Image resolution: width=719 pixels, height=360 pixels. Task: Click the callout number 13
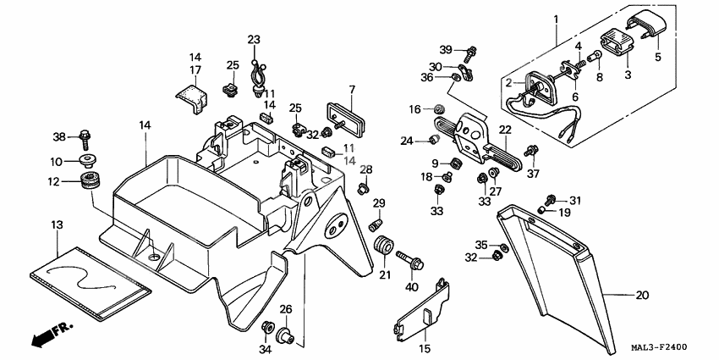tap(57, 225)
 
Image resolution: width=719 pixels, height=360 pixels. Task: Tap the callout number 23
tap(255, 40)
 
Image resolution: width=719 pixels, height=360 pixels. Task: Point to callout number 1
tap(556, 18)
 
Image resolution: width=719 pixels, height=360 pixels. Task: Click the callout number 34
tap(266, 349)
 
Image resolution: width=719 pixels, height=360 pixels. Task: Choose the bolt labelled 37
tap(531, 153)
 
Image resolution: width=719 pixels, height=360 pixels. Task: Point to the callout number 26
tap(286, 309)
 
